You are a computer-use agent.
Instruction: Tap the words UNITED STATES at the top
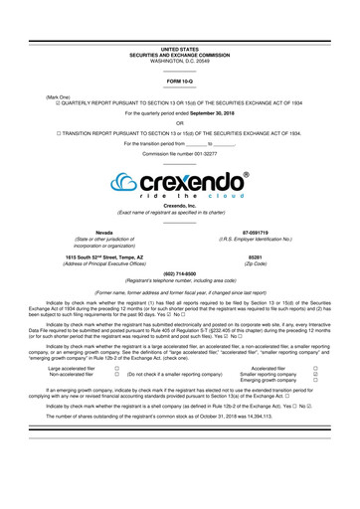pos(179,48)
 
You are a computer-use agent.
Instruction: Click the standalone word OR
pos(179,123)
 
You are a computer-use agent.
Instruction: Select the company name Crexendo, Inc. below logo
pos(179,206)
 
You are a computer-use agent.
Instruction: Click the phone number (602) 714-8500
pos(179,272)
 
